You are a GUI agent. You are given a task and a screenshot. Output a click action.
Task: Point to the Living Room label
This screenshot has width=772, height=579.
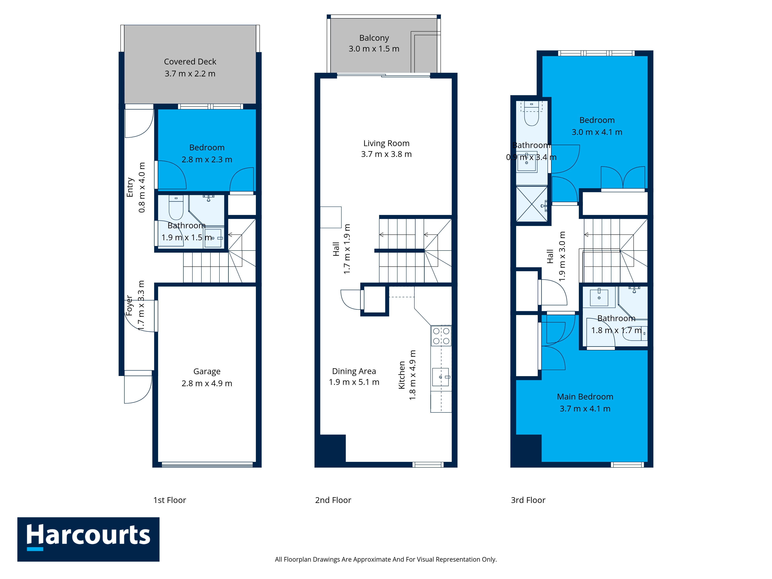[x=386, y=143]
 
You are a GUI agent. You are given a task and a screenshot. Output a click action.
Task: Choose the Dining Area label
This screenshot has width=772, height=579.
[x=354, y=371]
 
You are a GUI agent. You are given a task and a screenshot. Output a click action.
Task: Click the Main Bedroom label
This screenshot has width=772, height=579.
[x=585, y=397]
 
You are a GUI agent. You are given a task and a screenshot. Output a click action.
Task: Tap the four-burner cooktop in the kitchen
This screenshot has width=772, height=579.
[x=441, y=336]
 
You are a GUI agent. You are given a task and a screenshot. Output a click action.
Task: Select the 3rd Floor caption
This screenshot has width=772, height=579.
[x=528, y=500]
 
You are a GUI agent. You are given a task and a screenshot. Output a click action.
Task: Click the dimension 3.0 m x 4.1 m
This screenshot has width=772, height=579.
[x=597, y=132]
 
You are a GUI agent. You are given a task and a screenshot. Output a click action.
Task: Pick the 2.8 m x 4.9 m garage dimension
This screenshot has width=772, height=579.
[x=207, y=383]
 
